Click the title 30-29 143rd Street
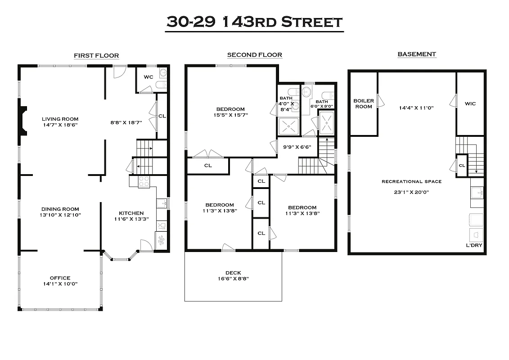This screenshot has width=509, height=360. [254, 22]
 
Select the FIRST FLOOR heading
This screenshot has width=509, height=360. [96, 56]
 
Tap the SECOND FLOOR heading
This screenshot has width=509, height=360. [254, 55]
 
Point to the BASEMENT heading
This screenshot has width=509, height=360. [416, 54]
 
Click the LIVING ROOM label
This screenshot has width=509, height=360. [60, 119]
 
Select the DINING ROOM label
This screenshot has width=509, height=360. [60, 209]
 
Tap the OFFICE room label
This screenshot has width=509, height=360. [60, 278]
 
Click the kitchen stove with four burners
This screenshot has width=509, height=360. [144, 181]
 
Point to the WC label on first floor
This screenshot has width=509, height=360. [149, 77]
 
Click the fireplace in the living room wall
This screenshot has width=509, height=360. [23, 120]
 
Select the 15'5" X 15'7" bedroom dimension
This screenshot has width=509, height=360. [230, 115]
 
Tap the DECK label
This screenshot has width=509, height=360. [233, 273]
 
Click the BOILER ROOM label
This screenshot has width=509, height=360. [363, 103]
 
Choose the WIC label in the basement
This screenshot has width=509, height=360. [470, 103]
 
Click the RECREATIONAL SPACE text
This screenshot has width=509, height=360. [411, 181]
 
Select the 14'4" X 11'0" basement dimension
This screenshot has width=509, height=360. [416, 108]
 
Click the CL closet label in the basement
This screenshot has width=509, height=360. [462, 165]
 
